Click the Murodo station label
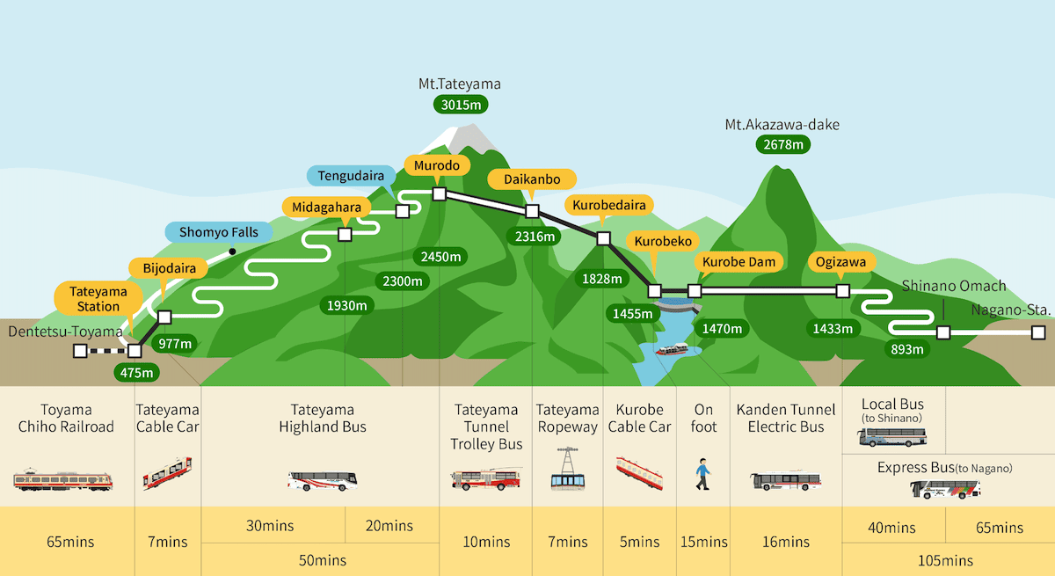click(437, 165)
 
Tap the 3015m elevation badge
click(460, 105)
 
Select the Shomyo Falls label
click(219, 232)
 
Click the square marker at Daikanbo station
click(531, 211)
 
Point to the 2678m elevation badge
click(782, 144)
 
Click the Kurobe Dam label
click(738, 262)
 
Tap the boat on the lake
click(672, 349)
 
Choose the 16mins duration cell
click(785, 542)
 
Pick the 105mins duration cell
click(948, 559)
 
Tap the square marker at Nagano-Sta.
click(1038, 332)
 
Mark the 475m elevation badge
click(136, 372)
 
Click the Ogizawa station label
click(841, 262)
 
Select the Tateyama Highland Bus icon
click(322, 480)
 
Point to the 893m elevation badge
click(907, 349)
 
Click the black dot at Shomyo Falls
click(232, 252)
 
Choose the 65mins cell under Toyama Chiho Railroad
click(67, 542)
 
